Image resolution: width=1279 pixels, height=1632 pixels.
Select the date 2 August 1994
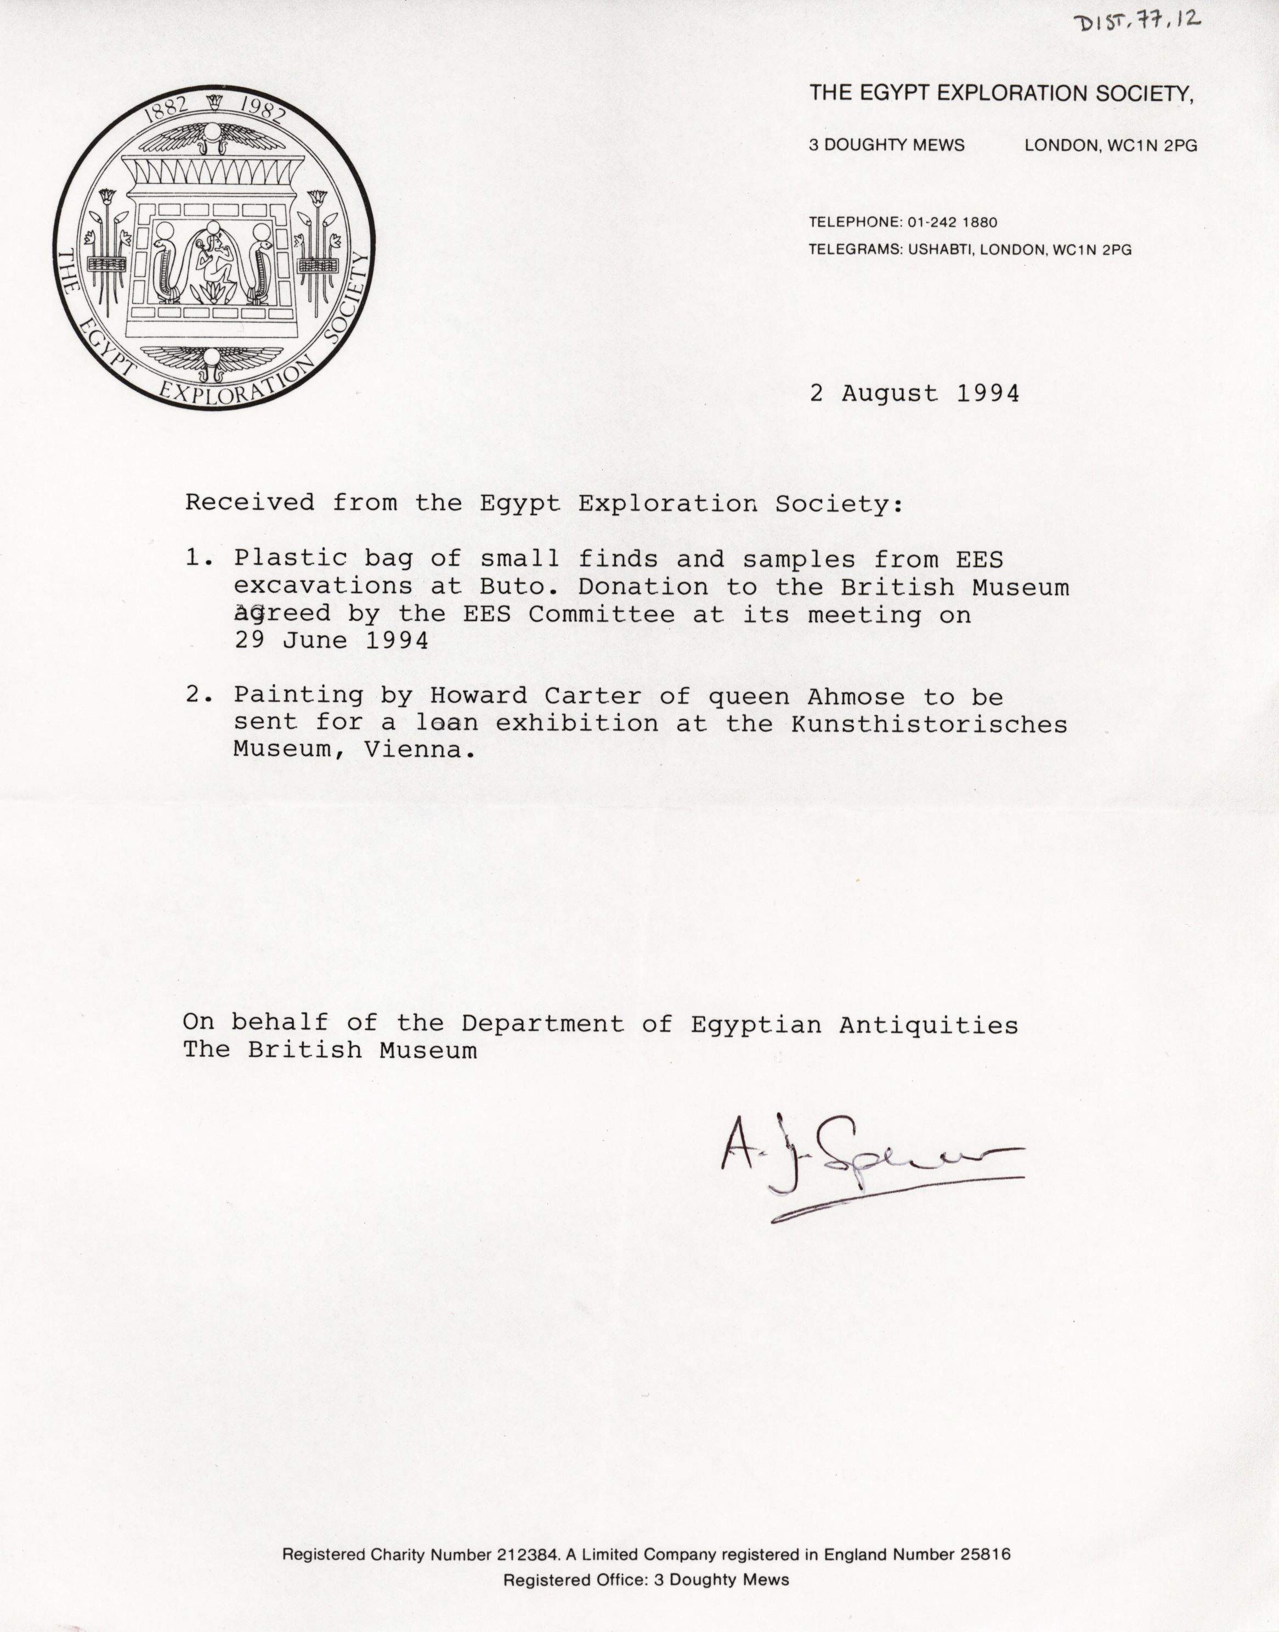pyautogui.click(x=914, y=394)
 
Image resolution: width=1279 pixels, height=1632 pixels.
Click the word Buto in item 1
pyautogui.click(x=512, y=587)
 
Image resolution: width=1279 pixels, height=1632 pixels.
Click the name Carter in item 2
pyautogui.click(x=592, y=697)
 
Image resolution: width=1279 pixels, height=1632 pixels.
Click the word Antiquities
pyautogui.click(x=928, y=1024)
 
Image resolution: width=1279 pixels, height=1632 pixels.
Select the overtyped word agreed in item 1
pyautogui.click(x=281, y=614)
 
